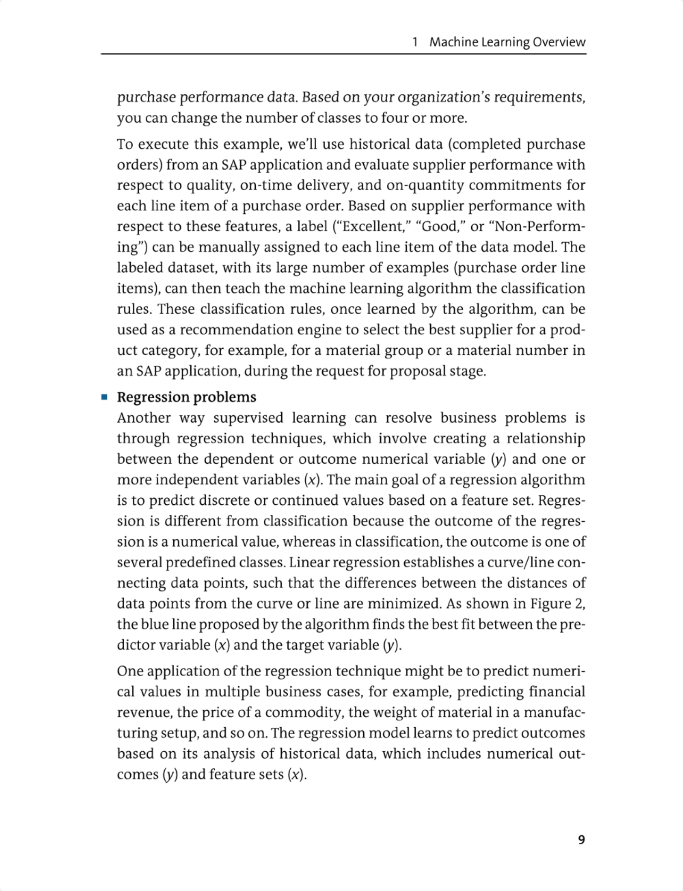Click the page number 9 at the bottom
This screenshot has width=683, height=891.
click(581, 840)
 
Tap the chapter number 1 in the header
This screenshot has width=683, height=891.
click(415, 42)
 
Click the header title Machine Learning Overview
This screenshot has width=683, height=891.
click(508, 42)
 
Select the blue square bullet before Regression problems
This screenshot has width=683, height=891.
click(104, 397)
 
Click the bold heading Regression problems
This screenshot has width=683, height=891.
click(187, 397)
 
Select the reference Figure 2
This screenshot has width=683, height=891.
click(557, 603)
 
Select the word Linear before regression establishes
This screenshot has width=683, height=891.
click(309, 562)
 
